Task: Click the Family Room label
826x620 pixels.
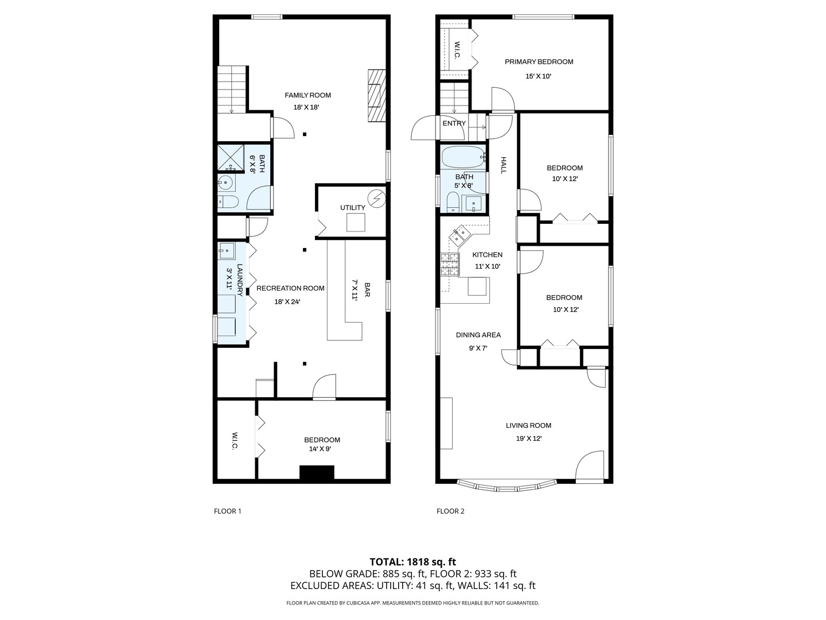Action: click(308, 95)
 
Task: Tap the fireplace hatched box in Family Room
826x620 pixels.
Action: click(376, 95)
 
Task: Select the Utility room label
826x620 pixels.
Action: click(352, 208)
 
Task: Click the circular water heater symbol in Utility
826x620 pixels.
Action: click(376, 199)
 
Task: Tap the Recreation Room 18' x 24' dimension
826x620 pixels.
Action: click(287, 301)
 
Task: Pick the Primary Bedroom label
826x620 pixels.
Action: click(539, 62)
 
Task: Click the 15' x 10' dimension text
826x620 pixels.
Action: click(538, 76)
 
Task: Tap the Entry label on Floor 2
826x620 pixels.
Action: click(454, 123)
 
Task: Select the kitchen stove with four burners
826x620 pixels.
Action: click(450, 265)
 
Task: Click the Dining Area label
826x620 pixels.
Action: click(478, 335)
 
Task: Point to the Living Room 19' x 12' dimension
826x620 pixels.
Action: click(528, 439)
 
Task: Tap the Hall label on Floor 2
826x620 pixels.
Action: click(504, 165)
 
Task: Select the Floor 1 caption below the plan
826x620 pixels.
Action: click(228, 511)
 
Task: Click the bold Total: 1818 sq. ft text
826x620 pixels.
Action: click(412, 562)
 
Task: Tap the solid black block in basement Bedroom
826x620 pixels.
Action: click(317, 472)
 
